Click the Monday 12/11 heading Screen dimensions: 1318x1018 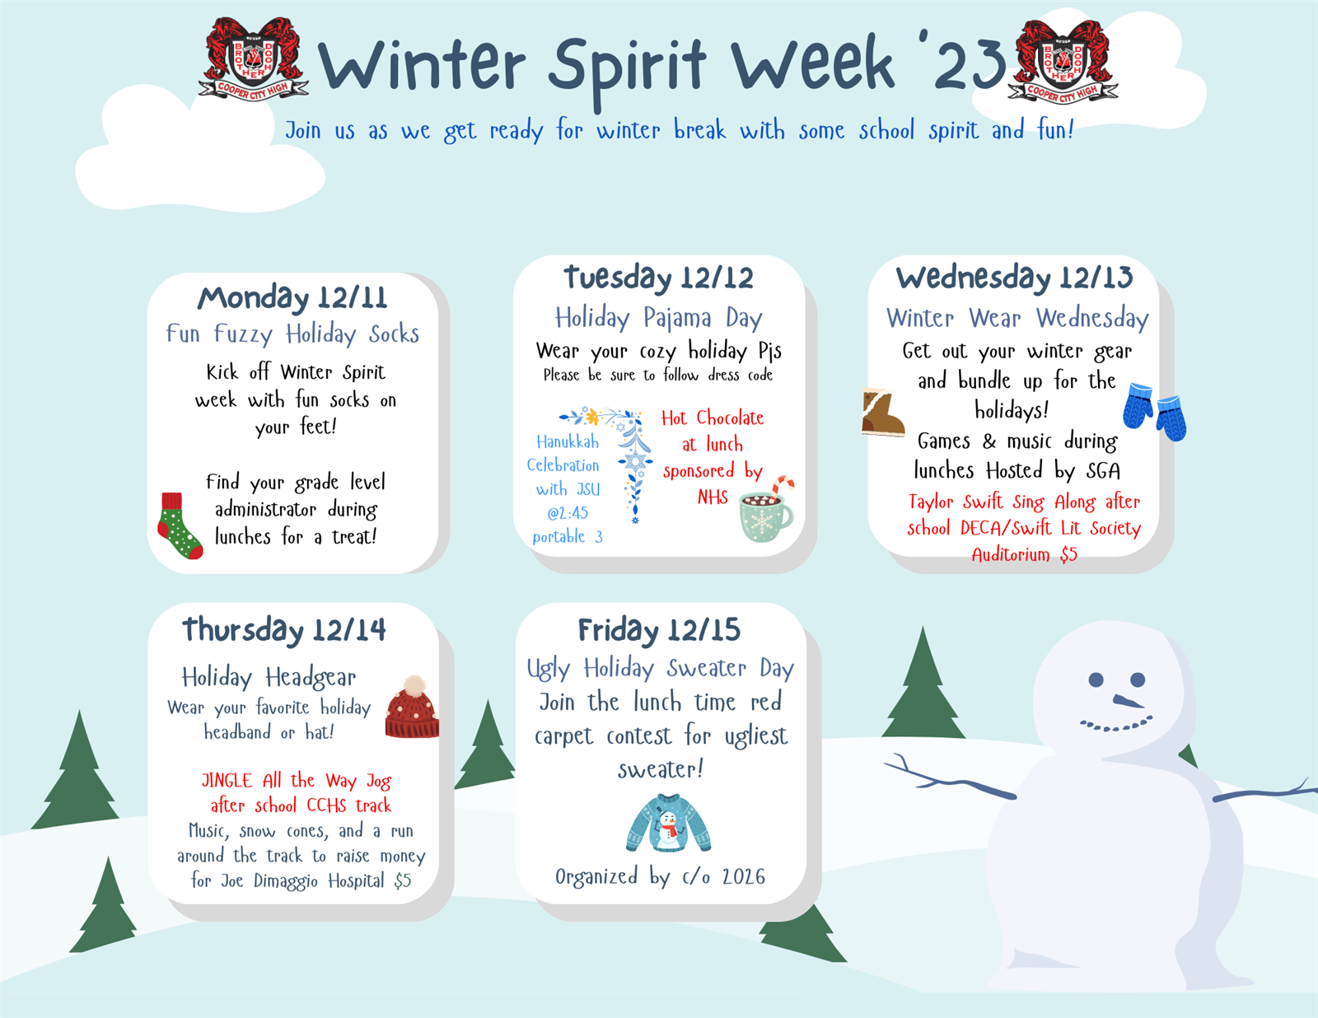(292, 297)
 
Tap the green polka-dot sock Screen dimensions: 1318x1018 (179, 525)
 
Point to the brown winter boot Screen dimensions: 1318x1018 (882, 413)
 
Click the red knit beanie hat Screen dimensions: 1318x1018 (413, 707)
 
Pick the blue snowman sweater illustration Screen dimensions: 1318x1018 (668, 823)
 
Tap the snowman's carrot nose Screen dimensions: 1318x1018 (1128, 702)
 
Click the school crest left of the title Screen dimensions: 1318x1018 (254, 58)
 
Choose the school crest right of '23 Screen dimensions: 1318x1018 (1063, 60)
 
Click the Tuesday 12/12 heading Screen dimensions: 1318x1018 (659, 277)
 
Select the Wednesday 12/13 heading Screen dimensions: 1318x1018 (1014, 277)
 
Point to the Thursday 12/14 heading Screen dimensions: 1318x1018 (284, 629)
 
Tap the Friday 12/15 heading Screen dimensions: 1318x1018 (659, 630)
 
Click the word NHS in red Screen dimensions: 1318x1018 (713, 497)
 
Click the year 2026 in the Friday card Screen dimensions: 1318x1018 (744, 876)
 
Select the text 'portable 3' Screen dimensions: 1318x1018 (568, 536)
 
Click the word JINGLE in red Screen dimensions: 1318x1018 (227, 780)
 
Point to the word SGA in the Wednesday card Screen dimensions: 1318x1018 (1103, 470)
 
